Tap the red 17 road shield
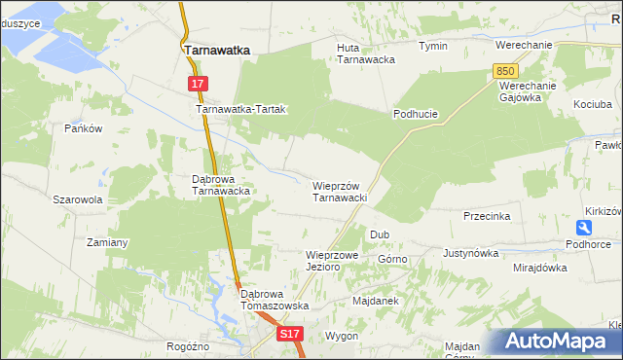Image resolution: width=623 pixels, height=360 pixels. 198,85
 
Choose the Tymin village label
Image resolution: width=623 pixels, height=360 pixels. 432,46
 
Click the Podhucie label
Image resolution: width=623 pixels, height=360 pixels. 416,114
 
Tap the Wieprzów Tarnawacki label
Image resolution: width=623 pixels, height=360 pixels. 339,191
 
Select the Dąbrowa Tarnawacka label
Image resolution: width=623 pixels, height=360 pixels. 222,185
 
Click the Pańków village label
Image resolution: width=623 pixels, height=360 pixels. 83,128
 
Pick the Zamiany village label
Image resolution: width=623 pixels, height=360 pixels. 108,241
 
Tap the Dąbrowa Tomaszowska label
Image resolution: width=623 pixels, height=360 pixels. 275,299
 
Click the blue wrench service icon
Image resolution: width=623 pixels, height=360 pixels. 583,227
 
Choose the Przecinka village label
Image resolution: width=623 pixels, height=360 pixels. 487,216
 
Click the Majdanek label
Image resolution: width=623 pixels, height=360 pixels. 376,301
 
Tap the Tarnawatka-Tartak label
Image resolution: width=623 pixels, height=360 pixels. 240,110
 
